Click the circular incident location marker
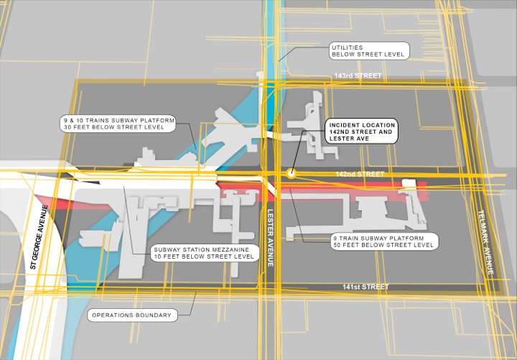pyautogui.click(x=291, y=173)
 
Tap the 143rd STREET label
pyautogui.click(x=358, y=75)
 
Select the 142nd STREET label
pyautogui.click(x=360, y=174)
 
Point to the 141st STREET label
pyautogui.click(x=365, y=287)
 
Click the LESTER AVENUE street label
pyautogui.click(x=271, y=238)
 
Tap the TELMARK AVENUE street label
pyautogui.click(x=485, y=242)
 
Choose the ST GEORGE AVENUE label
pyautogui.click(x=39, y=237)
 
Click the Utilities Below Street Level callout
pyautogui.click(x=369, y=51)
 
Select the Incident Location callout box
pyautogui.click(x=362, y=131)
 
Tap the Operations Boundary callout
pyautogui.click(x=132, y=315)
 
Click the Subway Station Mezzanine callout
pyautogui.click(x=205, y=253)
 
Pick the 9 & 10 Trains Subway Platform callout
pyautogui.click(x=118, y=124)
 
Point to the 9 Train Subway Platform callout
pyautogui.click(x=384, y=241)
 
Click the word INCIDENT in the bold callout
pyautogui.click(x=344, y=125)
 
